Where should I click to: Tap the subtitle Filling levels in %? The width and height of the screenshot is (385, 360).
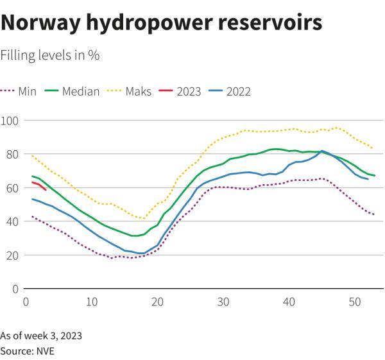pos(49,56)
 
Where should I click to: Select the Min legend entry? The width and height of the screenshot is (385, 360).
pos(19,91)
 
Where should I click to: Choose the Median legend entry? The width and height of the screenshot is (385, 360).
pos(73,91)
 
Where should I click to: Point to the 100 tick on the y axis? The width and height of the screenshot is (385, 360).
pos(10,121)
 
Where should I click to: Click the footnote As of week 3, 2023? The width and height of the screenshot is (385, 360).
pos(41,336)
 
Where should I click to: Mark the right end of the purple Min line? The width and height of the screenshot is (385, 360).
pos(373,214)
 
